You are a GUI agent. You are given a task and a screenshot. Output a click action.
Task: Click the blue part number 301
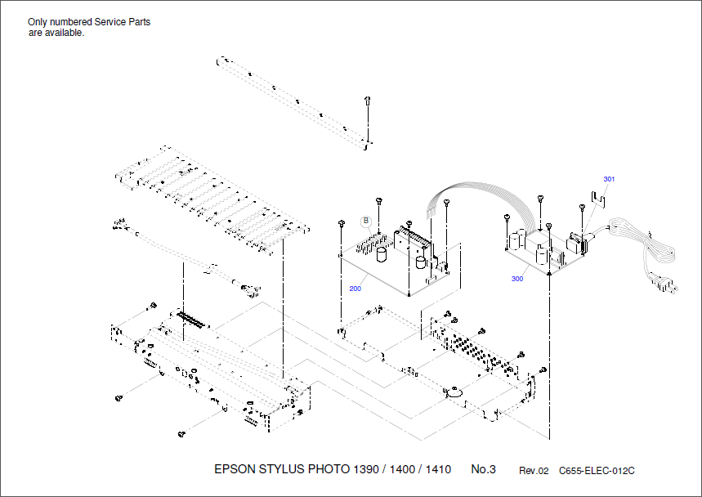(x=609, y=179)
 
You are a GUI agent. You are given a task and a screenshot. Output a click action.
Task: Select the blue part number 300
(x=516, y=279)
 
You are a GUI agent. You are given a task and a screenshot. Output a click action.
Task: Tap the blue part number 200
(x=355, y=289)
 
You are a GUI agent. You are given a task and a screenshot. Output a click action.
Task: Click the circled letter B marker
(x=366, y=221)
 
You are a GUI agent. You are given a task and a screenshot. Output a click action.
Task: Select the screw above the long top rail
(x=369, y=101)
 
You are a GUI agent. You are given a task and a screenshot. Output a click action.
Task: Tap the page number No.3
(x=483, y=469)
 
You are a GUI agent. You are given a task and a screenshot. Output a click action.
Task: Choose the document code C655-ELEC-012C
(x=597, y=471)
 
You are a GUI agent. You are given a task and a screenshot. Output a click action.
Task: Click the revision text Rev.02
(x=534, y=471)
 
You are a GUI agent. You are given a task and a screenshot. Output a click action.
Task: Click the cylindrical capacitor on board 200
(x=381, y=255)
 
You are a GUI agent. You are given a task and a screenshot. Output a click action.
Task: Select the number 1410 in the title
(x=438, y=469)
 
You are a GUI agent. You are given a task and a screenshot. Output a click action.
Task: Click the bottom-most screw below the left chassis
(x=181, y=434)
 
